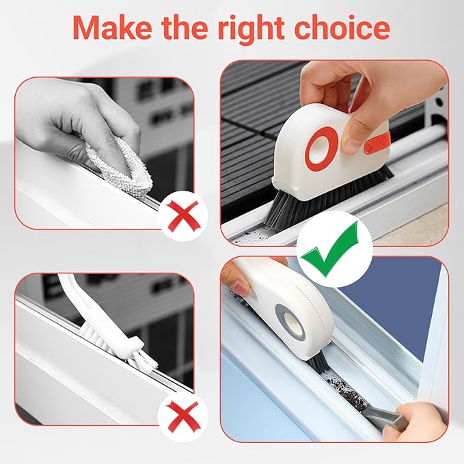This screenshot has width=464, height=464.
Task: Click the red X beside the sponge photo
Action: tap(179, 213)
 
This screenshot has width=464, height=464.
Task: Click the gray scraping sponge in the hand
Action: tap(113, 156)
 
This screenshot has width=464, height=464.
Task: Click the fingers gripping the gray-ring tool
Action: tap(239, 277)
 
